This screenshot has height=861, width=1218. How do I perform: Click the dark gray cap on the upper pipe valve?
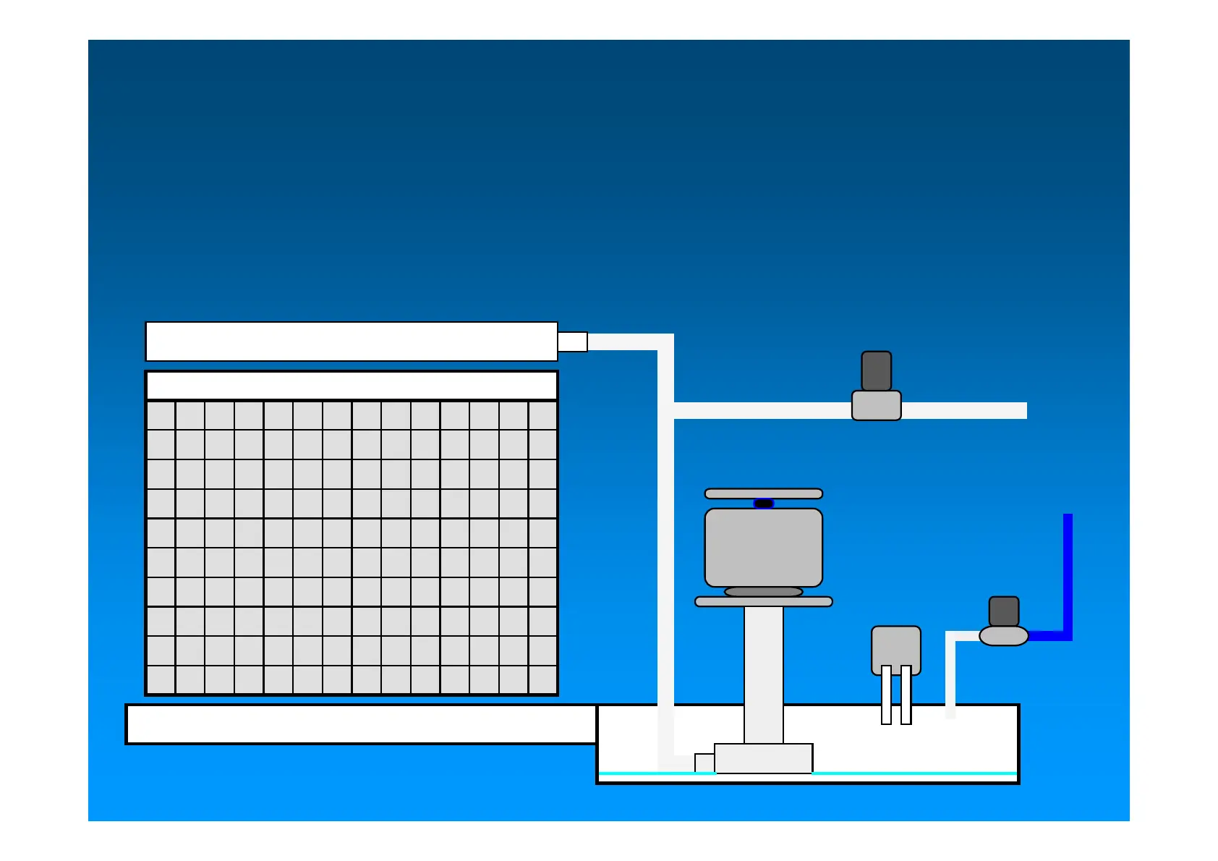876,371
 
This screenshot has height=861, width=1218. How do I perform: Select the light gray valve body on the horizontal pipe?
876,406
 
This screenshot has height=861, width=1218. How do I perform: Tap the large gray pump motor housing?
763,547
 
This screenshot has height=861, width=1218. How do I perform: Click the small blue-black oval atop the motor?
764,504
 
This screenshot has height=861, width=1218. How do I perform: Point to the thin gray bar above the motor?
763,493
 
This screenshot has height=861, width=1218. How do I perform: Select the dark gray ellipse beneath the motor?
763,592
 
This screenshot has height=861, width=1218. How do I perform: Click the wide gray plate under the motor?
763,601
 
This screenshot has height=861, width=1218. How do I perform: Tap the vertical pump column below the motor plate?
763,673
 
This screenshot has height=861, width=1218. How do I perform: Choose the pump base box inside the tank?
763,758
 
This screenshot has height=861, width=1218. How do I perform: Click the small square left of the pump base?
704,763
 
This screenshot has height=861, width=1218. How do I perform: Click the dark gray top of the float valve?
1003,611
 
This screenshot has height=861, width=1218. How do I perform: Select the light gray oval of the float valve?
1003,636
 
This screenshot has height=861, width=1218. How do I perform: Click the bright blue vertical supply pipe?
1068,572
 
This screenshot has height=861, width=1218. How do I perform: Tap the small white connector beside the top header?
572,342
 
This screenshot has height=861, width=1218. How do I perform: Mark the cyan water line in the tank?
911,773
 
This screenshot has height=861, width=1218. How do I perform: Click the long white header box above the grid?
351,342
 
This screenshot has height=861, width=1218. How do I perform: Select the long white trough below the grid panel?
360,724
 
